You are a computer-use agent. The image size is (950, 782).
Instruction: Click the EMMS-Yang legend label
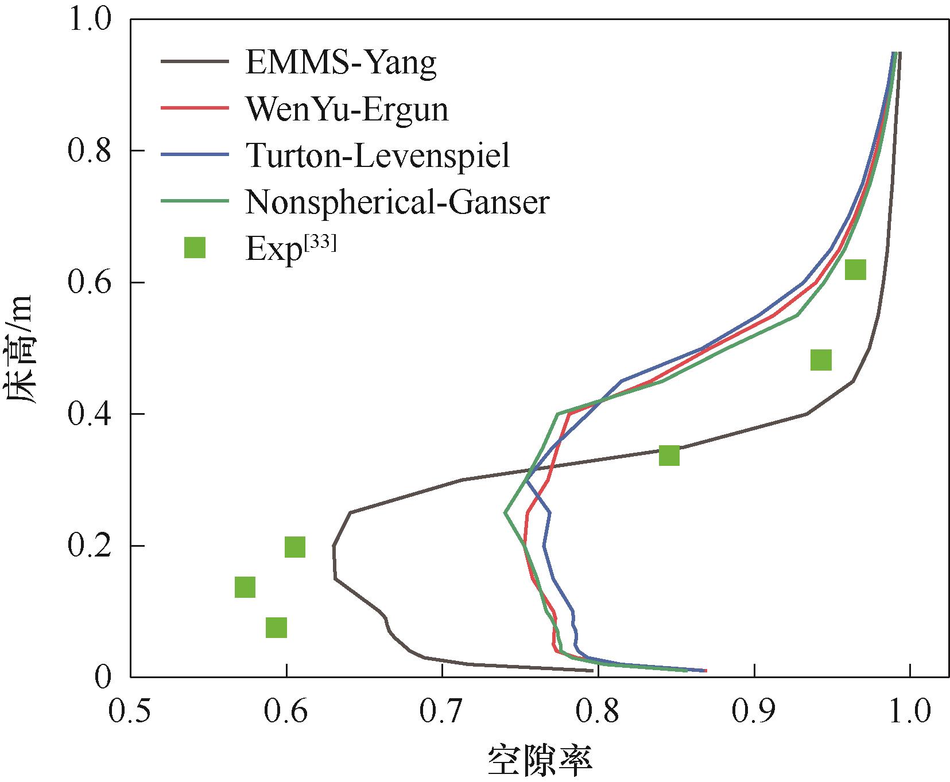tap(340, 63)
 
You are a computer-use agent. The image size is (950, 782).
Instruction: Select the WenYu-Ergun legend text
tap(347, 109)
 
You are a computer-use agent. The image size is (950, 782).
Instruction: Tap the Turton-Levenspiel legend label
tap(378, 155)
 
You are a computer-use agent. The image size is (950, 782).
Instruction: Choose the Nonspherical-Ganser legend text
tap(397, 201)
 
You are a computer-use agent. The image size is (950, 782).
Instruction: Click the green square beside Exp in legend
tap(195, 248)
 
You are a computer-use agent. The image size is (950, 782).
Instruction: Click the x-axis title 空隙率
tap(540, 761)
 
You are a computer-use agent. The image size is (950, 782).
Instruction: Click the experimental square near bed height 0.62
tap(855, 269)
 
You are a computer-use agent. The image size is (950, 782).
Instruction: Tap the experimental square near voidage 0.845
tap(669, 455)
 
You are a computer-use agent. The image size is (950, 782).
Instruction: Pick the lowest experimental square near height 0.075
tap(276, 628)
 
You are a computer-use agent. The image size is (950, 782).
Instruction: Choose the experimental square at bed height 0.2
tap(294, 547)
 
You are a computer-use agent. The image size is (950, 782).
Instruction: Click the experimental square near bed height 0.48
tap(821, 360)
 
